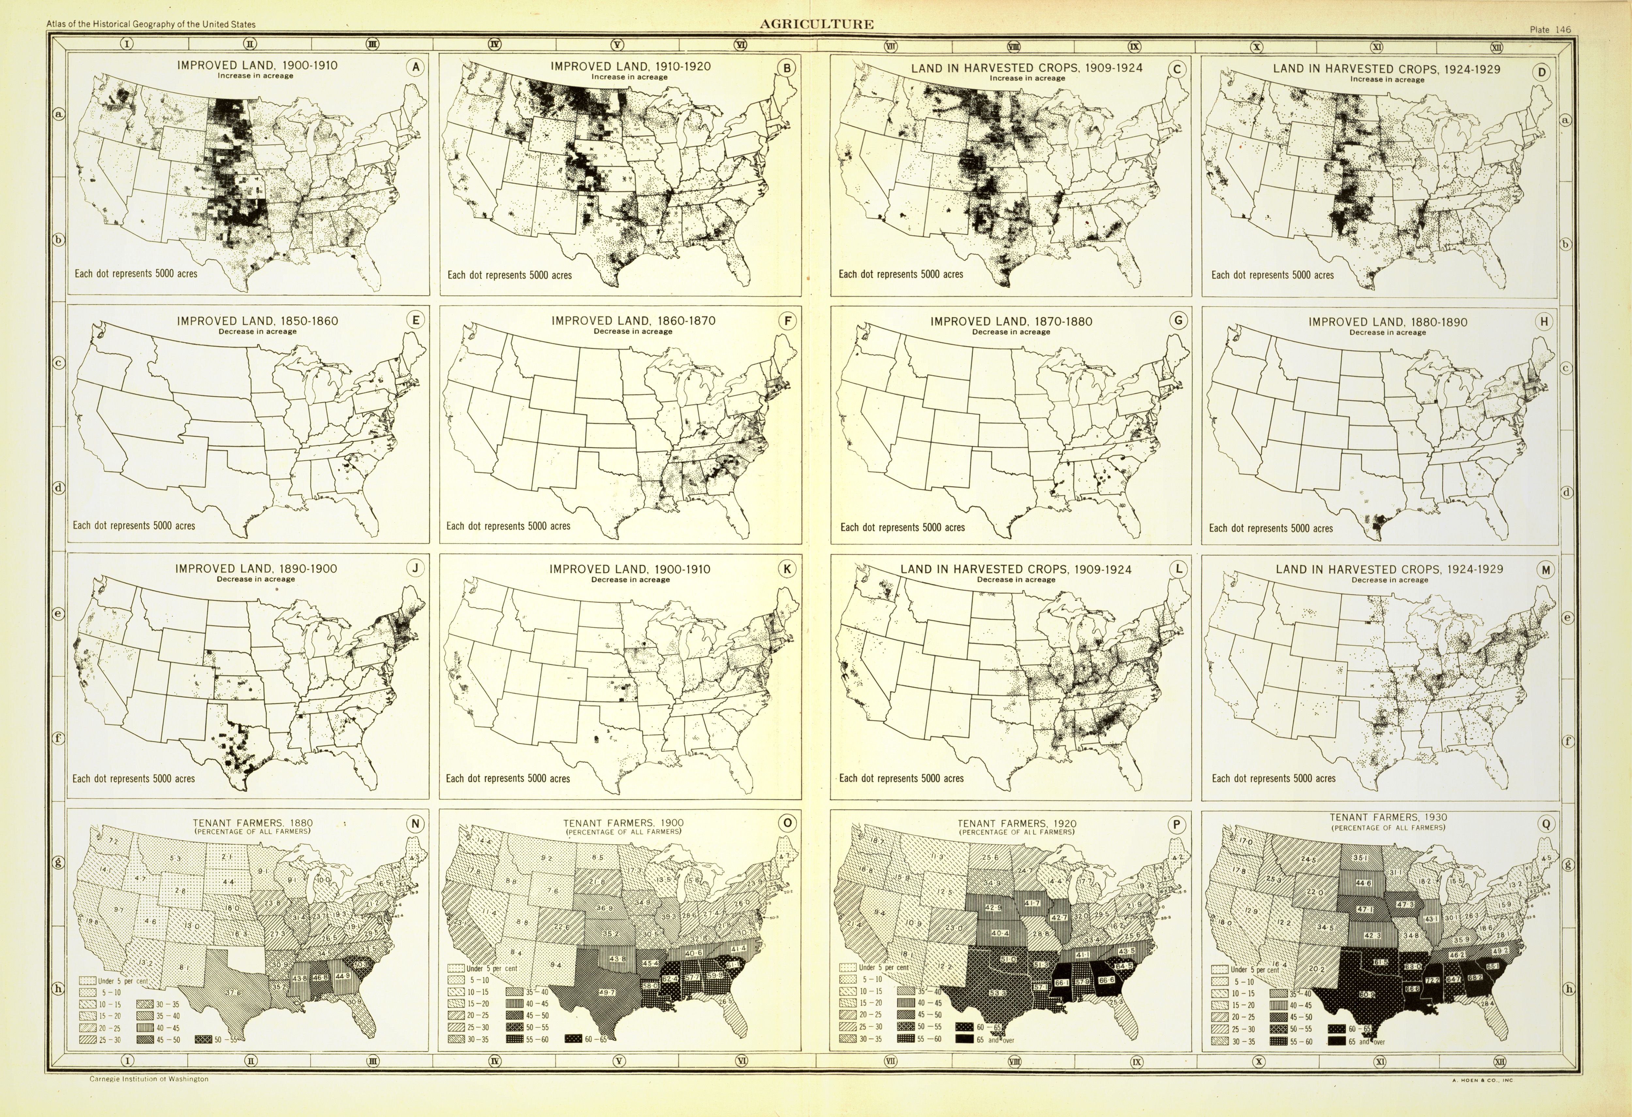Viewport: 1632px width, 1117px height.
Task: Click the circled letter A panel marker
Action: tap(416, 68)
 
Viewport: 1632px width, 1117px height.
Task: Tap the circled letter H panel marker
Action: tap(1544, 322)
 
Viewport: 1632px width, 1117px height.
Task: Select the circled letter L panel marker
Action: tap(1178, 570)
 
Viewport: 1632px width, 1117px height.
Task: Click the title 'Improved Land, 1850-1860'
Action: tap(257, 321)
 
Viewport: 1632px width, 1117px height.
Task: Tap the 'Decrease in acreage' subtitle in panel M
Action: tap(1389, 580)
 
